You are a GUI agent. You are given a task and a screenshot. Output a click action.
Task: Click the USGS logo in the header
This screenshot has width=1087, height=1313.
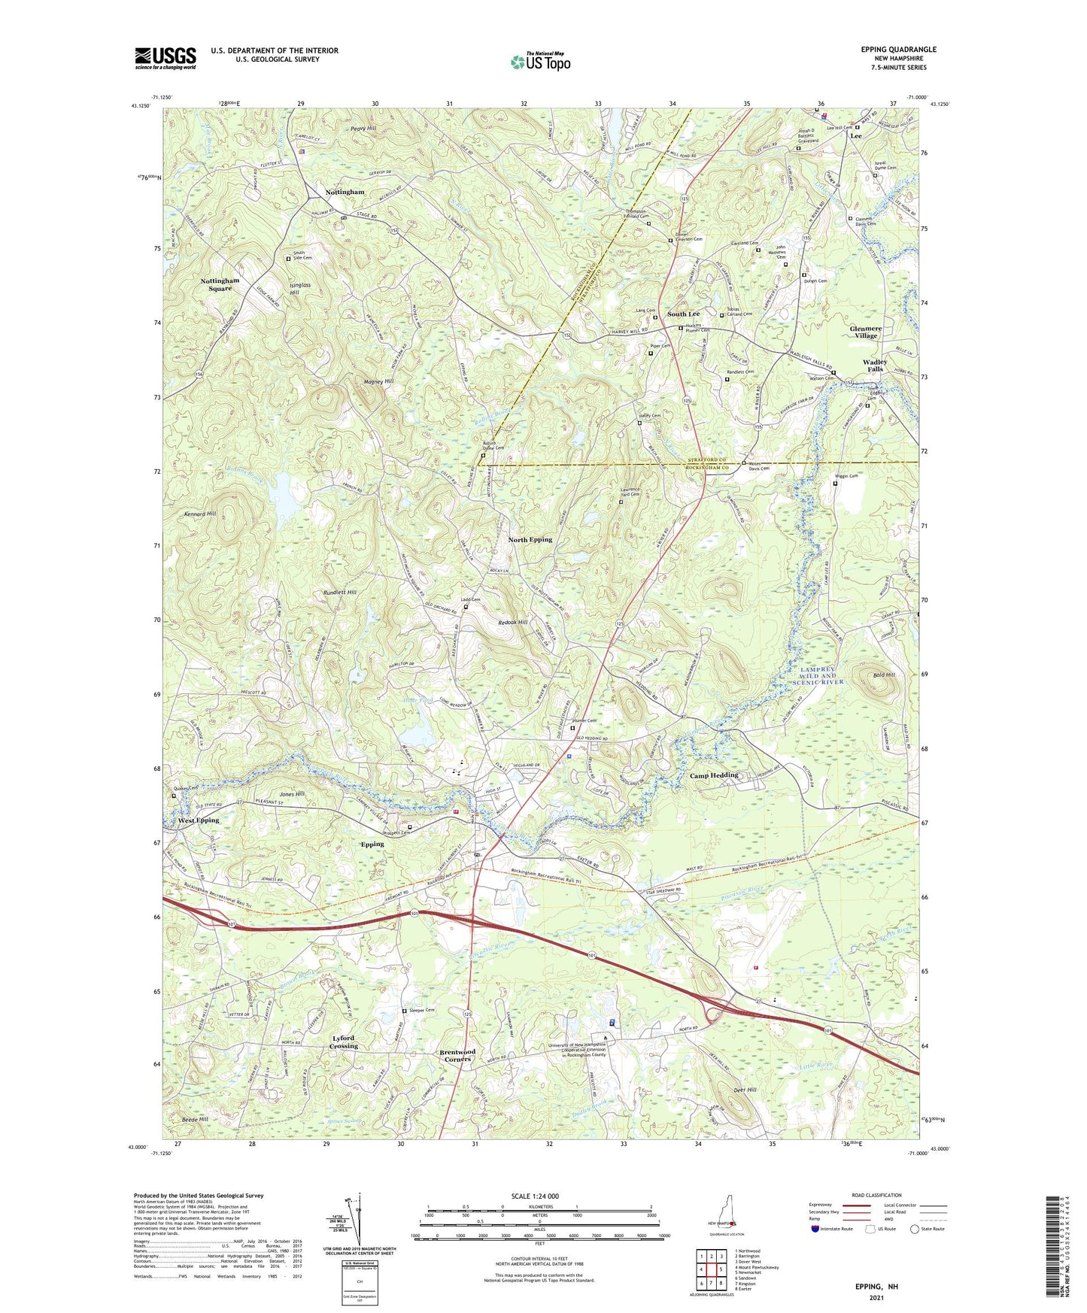[165, 58]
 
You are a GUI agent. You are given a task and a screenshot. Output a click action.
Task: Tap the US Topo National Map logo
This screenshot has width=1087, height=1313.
[539, 61]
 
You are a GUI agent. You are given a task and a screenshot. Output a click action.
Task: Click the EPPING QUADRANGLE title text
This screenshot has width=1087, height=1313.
[899, 50]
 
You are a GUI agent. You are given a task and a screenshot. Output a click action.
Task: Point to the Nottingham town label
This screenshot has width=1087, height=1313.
[345, 193]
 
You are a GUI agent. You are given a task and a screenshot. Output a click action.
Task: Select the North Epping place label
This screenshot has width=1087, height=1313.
[530, 539]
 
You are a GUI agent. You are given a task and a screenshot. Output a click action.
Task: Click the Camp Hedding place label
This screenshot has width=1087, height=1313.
[714, 775]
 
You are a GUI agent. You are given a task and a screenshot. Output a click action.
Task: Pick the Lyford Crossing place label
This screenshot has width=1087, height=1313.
[345, 1042]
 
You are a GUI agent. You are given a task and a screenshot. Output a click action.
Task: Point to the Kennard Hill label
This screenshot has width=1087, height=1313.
[200, 514]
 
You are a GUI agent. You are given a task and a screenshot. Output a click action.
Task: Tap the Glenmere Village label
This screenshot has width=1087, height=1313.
[866, 332]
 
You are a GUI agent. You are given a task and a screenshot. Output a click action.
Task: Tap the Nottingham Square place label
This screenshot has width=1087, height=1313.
[220, 284]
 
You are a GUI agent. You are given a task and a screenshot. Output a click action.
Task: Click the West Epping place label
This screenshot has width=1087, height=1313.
[199, 820]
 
